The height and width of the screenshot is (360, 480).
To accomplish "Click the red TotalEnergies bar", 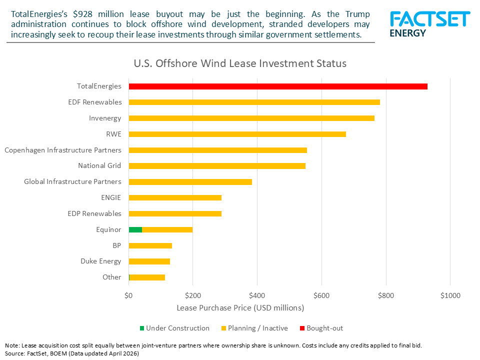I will point(278,86).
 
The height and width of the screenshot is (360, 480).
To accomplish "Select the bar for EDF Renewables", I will point(254,102).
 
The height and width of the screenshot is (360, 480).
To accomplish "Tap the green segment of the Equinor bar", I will point(135,230).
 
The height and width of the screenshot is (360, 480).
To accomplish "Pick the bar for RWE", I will point(237,134).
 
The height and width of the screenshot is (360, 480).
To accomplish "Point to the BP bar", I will point(150,245).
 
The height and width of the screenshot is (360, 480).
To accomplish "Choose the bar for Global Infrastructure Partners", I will point(190,182).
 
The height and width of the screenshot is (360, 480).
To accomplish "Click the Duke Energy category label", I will point(100,261).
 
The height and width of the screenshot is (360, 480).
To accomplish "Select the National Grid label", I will point(99,165).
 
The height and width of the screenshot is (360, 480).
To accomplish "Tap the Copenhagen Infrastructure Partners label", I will point(62,150).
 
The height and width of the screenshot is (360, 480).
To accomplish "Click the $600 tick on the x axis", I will point(321,295).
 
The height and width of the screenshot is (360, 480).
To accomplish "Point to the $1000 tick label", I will point(450,295).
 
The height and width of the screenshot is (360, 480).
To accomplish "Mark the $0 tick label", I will point(128,295).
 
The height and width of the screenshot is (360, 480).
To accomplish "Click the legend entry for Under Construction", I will point(177,328).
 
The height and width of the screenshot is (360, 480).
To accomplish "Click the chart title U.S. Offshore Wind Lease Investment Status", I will point(240,64).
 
